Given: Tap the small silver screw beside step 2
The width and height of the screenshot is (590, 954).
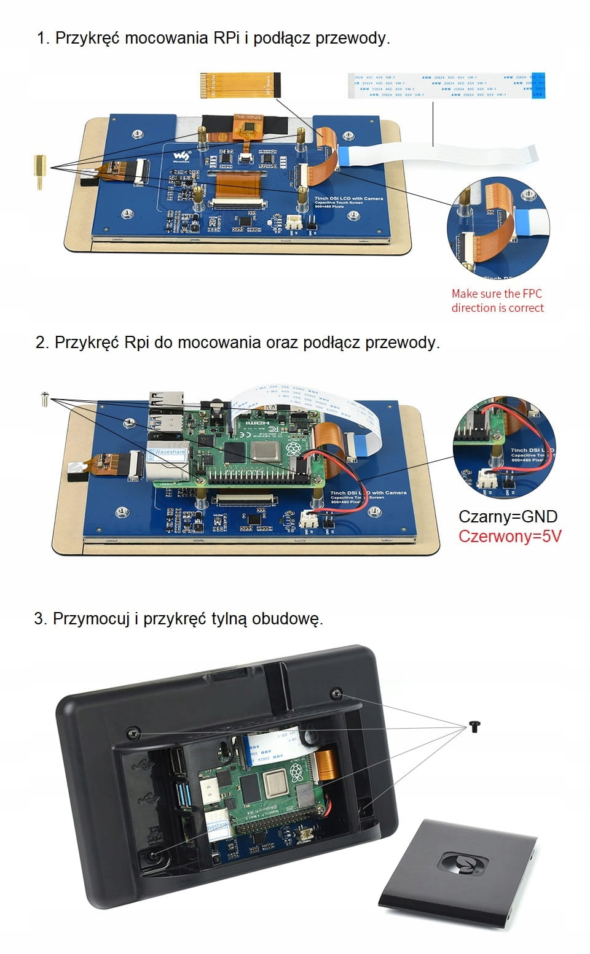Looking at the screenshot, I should pyautogui.click(x=44, y=398).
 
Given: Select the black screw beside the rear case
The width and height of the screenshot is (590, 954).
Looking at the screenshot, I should pyautogui.click(x=474, y=726).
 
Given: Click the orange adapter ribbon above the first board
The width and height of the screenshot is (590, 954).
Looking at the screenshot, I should pyautogui.click(x=240, y=85).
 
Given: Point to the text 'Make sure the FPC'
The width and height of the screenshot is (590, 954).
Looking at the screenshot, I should pyautogui.click(x=497, y=293).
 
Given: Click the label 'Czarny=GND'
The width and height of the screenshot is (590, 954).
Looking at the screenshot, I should pyautogui.click(x=508, y=516).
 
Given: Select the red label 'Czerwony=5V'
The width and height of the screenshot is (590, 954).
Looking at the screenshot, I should pyautogui.click(x=509, y=536).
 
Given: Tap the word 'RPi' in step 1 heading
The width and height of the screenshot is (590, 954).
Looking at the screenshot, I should pyautogui.click(x=226, y=38).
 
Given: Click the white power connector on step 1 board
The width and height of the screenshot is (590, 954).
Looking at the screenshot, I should pyautogui.click(x=294, y=223).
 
